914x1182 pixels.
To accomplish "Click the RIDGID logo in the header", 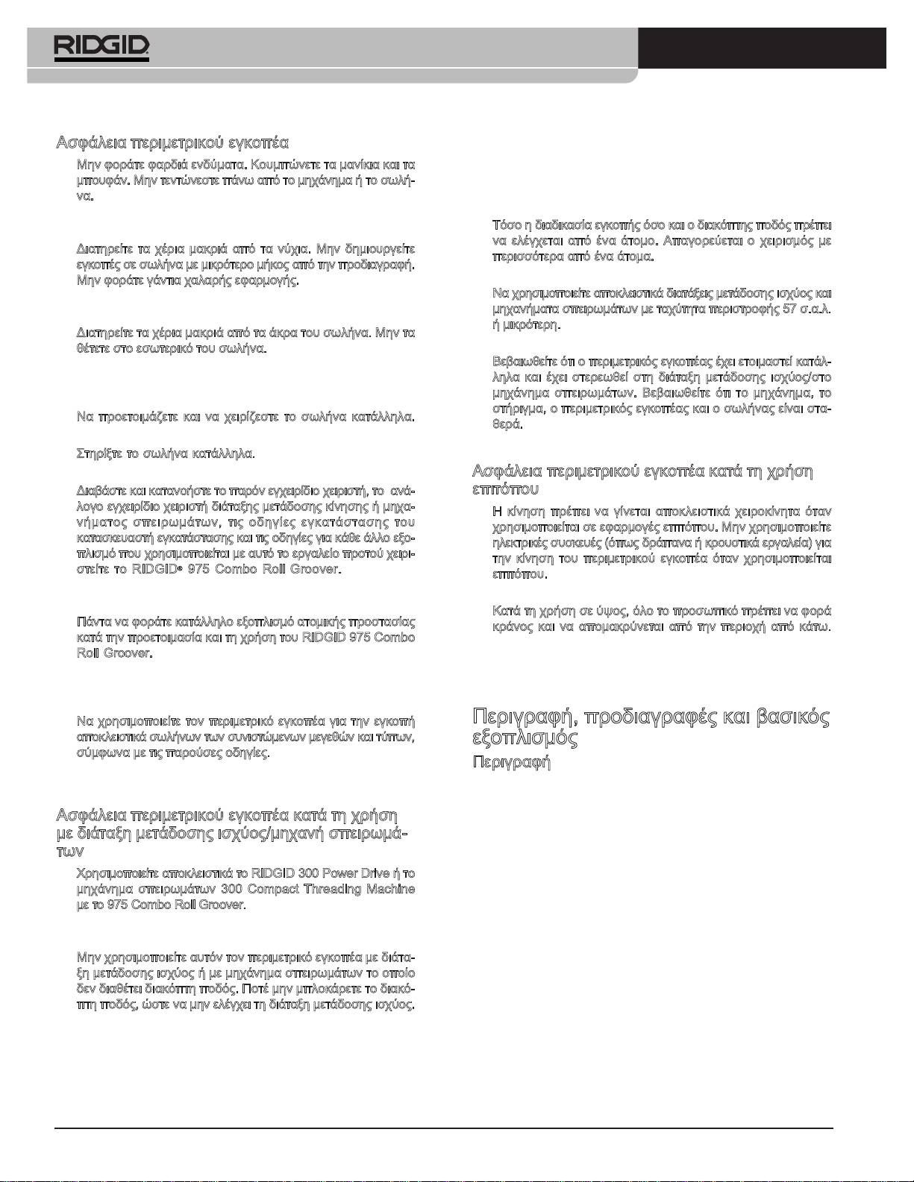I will tap(101, 48).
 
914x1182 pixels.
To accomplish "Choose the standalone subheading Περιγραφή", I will tap(512, 763).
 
